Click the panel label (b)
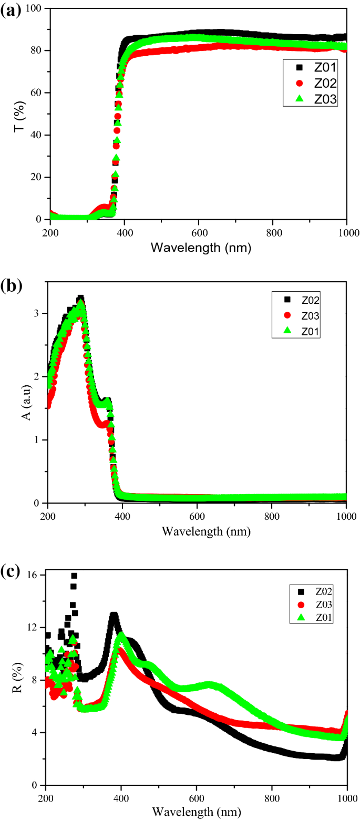coord(11,286)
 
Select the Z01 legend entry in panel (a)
coord(308,68)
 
